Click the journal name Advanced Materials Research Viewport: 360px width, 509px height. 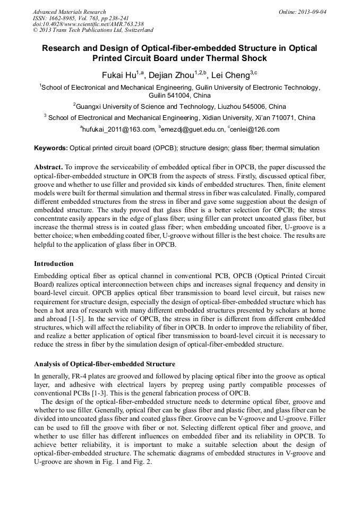(x=69, y=12)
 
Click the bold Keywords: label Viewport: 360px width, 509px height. (x=51, y=148)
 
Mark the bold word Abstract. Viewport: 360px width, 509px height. (x=48, y=167)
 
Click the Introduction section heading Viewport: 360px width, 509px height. (x=54, y=263)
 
